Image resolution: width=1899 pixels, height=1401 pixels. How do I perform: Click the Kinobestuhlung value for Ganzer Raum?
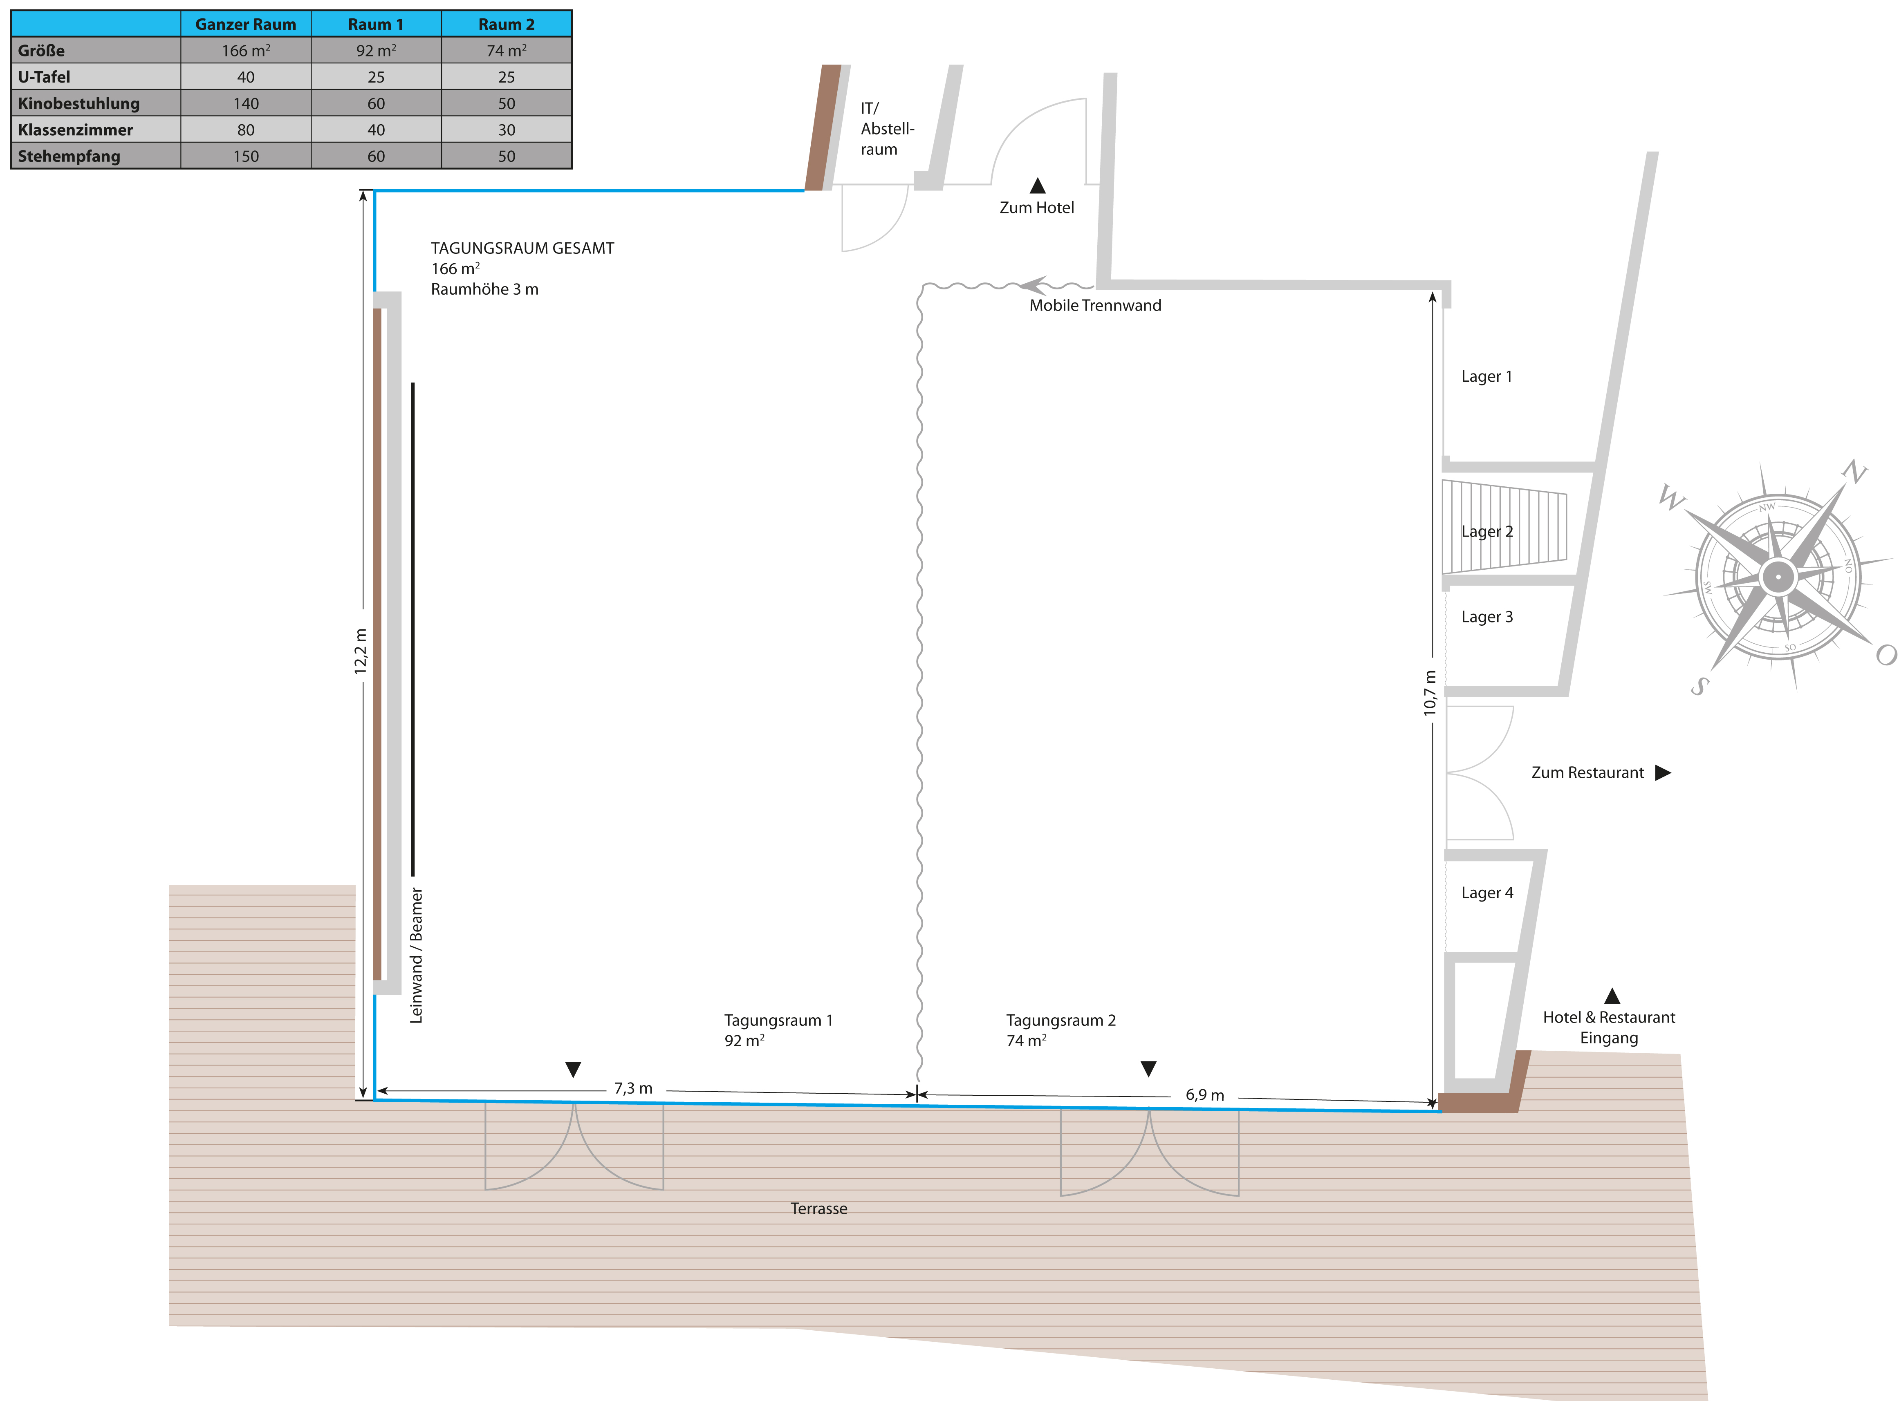246,103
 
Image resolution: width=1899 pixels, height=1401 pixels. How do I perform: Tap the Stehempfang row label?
70,156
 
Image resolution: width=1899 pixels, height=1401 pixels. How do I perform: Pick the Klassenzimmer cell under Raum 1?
376,130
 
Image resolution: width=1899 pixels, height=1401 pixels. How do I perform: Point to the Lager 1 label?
1486,376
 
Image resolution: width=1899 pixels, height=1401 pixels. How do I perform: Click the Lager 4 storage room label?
1487,893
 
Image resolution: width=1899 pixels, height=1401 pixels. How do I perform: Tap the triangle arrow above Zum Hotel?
1037,186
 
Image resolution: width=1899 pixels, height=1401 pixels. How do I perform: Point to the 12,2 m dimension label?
361,651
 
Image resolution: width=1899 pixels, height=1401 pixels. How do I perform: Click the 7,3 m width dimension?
634,1088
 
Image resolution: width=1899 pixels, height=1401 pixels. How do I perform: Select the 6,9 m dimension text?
1204,1095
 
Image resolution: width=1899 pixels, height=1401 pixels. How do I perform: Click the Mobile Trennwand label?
1095,305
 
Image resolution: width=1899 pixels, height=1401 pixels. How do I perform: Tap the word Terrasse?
818,1209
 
